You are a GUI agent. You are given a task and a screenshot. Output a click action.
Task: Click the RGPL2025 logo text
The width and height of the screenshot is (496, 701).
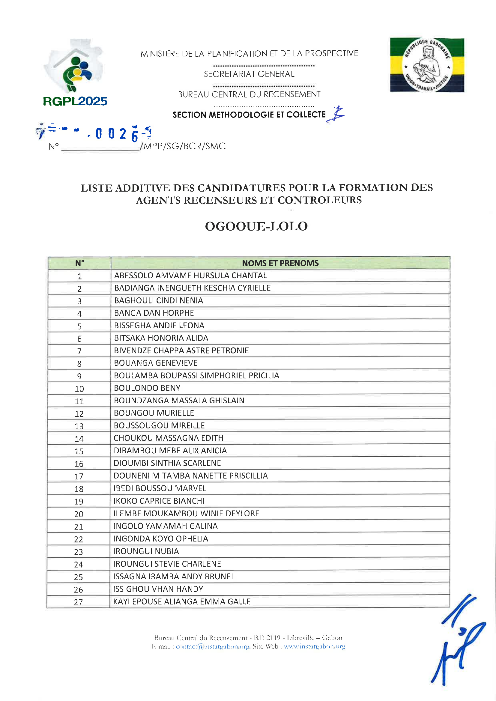click(75, 101)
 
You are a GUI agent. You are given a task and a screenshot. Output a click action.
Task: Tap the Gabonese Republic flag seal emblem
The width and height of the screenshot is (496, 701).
click(427, 65)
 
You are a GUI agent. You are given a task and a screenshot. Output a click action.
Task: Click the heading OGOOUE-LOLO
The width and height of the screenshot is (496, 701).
click(256, 227)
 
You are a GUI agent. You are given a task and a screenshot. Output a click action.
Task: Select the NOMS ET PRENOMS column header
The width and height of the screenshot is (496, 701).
click(280, 263)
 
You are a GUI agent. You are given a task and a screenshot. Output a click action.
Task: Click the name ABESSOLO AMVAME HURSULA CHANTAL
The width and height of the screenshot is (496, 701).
click(191, 276)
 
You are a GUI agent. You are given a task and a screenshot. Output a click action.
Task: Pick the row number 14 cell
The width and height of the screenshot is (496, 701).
click(79, 439)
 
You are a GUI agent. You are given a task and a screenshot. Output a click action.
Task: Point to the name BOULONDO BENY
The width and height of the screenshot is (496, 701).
click(147, 388)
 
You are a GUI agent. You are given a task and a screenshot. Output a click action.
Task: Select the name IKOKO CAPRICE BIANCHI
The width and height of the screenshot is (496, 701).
click(159, 501)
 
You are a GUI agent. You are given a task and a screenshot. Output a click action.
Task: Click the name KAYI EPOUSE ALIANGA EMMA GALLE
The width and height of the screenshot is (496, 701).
click(182, 602)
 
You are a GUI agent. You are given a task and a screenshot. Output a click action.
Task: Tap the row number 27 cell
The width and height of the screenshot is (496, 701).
click(79, 602)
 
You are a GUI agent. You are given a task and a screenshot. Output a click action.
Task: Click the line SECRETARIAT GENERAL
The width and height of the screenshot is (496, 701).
click(249, 74)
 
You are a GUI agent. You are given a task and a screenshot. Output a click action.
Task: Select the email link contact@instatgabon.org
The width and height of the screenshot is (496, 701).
click(213, 646)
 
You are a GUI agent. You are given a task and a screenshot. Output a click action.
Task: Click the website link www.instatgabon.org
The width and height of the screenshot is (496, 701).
click(314, 646)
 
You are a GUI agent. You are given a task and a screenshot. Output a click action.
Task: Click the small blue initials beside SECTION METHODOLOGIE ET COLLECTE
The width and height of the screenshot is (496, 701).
click(336, 114)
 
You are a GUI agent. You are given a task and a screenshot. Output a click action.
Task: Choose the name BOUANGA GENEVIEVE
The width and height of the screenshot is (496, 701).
click(156, 363)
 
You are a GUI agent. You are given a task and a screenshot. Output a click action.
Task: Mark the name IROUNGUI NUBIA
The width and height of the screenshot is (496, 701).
click(146, 551)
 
